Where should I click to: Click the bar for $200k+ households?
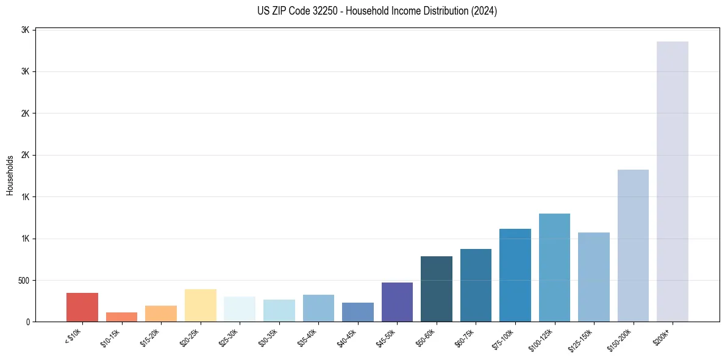pyautogui.click(x=672, y=181)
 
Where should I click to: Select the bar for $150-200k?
pyautogui.click(x=633, y=245)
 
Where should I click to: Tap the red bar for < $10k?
pyautogui.click(x=82, y=307)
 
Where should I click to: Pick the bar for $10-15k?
pyautogui.click(x=121, y=317)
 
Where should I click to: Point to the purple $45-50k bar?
pyautogui.click(x=397, y=301)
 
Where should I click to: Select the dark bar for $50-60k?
pyautogui.click(x=437, y=289)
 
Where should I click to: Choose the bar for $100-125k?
pyautogui.click(x=554, y=267)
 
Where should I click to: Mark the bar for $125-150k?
pyautogui.click(x=593, y=277)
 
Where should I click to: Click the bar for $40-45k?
pyautogui.click(x=358, y=312)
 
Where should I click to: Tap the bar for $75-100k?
pyautogui.click(x=515, y=275)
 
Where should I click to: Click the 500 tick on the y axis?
pyautogui.click(x=23, y=281)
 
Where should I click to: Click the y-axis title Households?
pyautogui.click(x=10, y=175)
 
